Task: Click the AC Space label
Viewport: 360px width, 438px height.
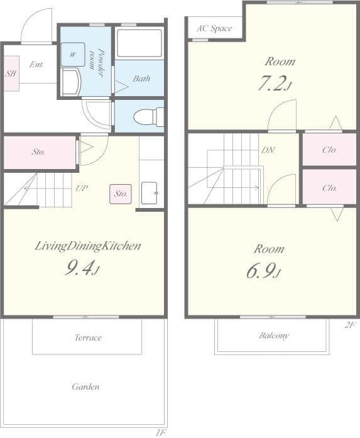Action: tap(214, 28)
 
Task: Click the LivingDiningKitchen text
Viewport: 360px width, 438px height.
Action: tap(87, 246)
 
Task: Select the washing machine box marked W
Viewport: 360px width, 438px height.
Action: tap(73, 54)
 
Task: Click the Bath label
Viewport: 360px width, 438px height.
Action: tap(141, 79)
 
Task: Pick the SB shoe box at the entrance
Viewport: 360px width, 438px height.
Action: tap(11, 74)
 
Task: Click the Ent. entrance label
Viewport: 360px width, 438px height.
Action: tap(36, 64)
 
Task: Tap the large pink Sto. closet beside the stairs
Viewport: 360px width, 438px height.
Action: tap(39, 152)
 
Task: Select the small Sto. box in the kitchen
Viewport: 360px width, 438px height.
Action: tap(120, 194)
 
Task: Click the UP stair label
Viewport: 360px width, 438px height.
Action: tap(82, 188)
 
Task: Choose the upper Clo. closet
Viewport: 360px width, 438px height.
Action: tap(329, 150)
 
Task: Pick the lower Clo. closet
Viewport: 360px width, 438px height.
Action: tap(329, 187)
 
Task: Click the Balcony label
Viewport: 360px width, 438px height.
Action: tap(274, 336)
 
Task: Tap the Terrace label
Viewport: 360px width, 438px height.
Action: tap(87, 337)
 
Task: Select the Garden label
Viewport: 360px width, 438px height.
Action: tap(85, 386)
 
